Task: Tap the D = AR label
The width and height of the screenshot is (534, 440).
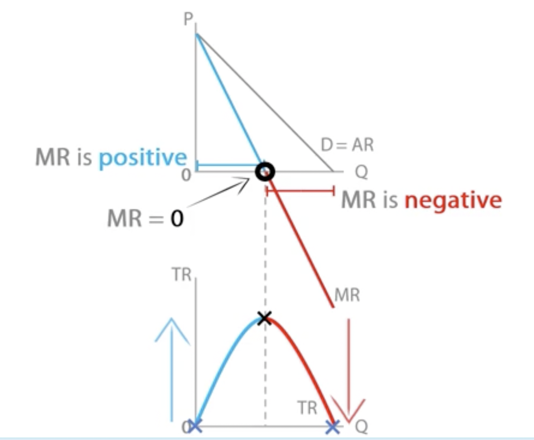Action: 347,145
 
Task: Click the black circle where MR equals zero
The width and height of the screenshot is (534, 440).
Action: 265,172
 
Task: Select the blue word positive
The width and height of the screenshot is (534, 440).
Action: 143,158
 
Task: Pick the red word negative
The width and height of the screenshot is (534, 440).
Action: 453,200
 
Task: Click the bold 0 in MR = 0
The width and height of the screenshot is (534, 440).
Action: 177,219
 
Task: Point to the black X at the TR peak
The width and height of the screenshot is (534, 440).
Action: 265,317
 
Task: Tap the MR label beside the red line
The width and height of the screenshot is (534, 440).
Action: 347,295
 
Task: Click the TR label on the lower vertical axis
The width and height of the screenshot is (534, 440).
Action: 181,275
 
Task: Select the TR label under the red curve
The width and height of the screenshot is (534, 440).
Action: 307,408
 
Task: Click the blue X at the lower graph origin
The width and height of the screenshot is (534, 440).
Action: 196,426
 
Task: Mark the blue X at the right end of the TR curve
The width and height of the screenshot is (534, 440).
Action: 333,426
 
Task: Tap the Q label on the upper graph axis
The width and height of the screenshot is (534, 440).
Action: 361,172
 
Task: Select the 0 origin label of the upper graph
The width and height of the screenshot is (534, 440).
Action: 186,175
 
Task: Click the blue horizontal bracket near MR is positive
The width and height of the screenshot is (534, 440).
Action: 228,166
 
